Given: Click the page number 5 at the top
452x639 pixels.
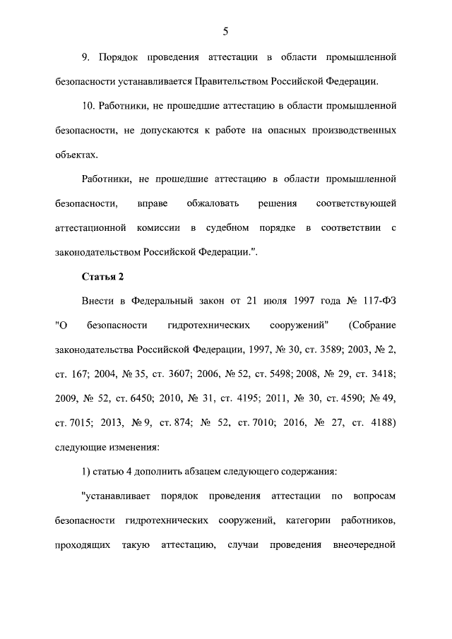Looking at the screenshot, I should pyautogui.click(x=225, y=30).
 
